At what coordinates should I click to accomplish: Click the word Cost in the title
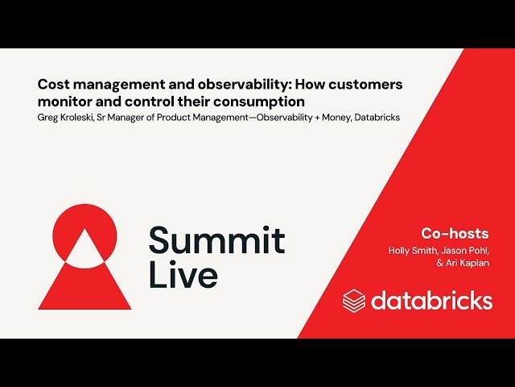point(54,85)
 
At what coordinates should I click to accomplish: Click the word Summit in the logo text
point(216,240)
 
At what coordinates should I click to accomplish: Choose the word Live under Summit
point(183,275)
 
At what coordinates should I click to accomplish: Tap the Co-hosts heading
point(455,233)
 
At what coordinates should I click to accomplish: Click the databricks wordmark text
point(431,301)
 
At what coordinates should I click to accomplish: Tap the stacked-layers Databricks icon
point(354,301)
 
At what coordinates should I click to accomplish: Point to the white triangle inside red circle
point(84,250)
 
